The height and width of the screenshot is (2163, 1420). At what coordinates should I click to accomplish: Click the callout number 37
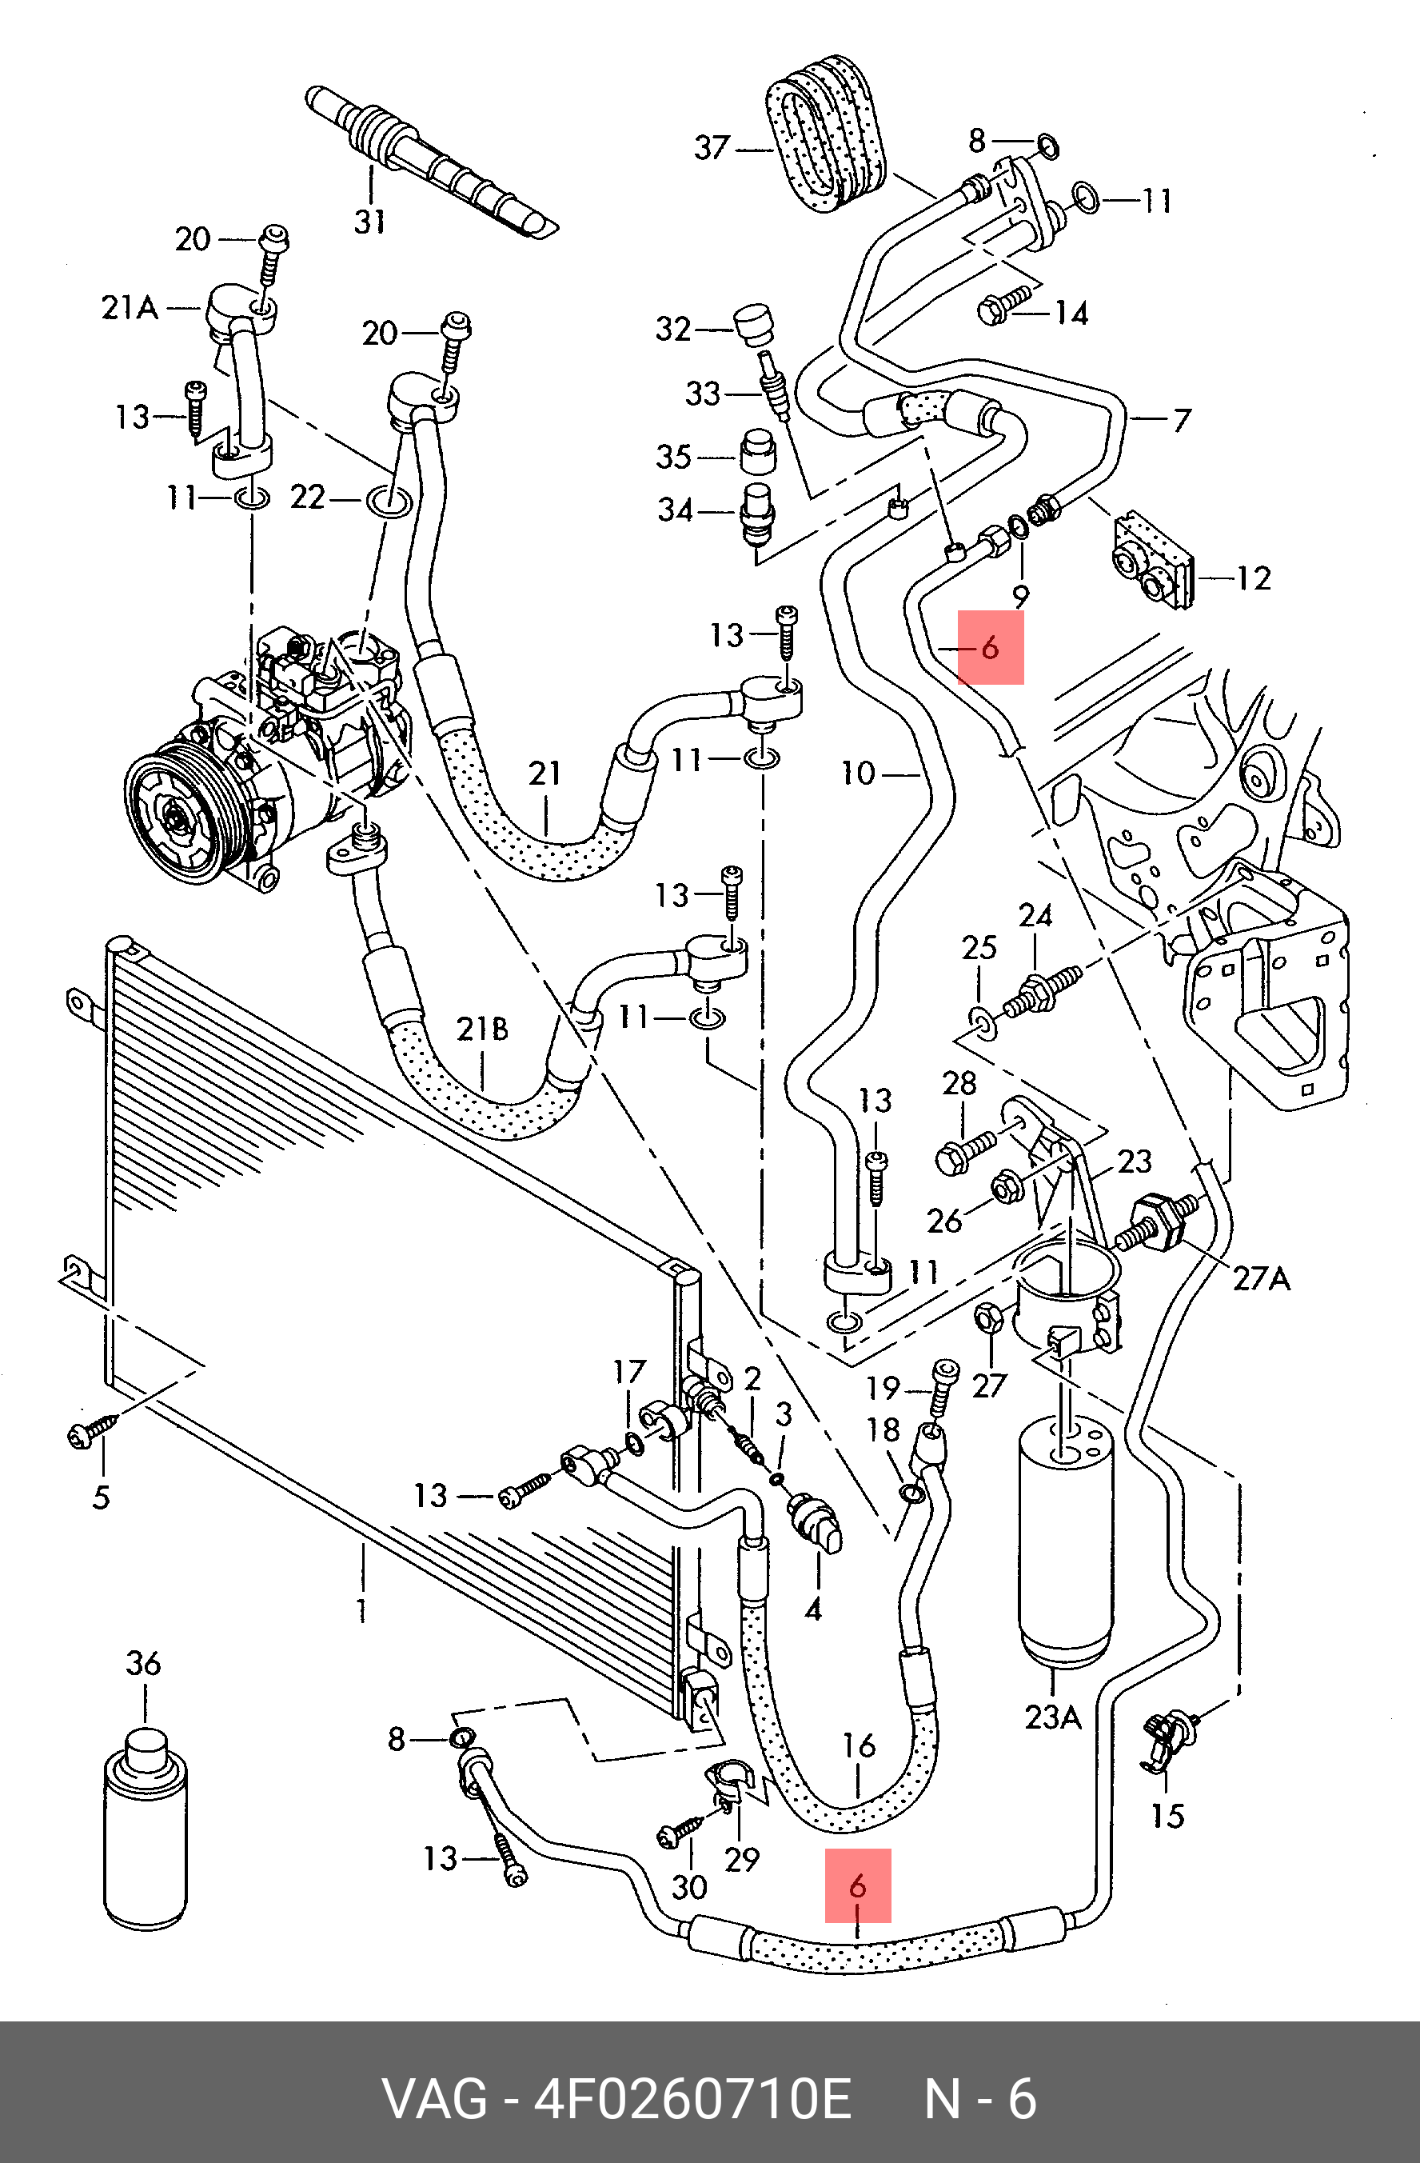tap(712, 147)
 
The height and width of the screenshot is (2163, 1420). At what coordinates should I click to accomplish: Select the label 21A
tap(130, 308)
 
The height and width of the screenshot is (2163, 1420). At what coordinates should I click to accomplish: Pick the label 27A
tap(1262, 1280)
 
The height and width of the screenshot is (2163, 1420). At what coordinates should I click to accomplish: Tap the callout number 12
tap(1254, 578)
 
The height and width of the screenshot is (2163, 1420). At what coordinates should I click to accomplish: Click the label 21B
tap(482, 1030)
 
